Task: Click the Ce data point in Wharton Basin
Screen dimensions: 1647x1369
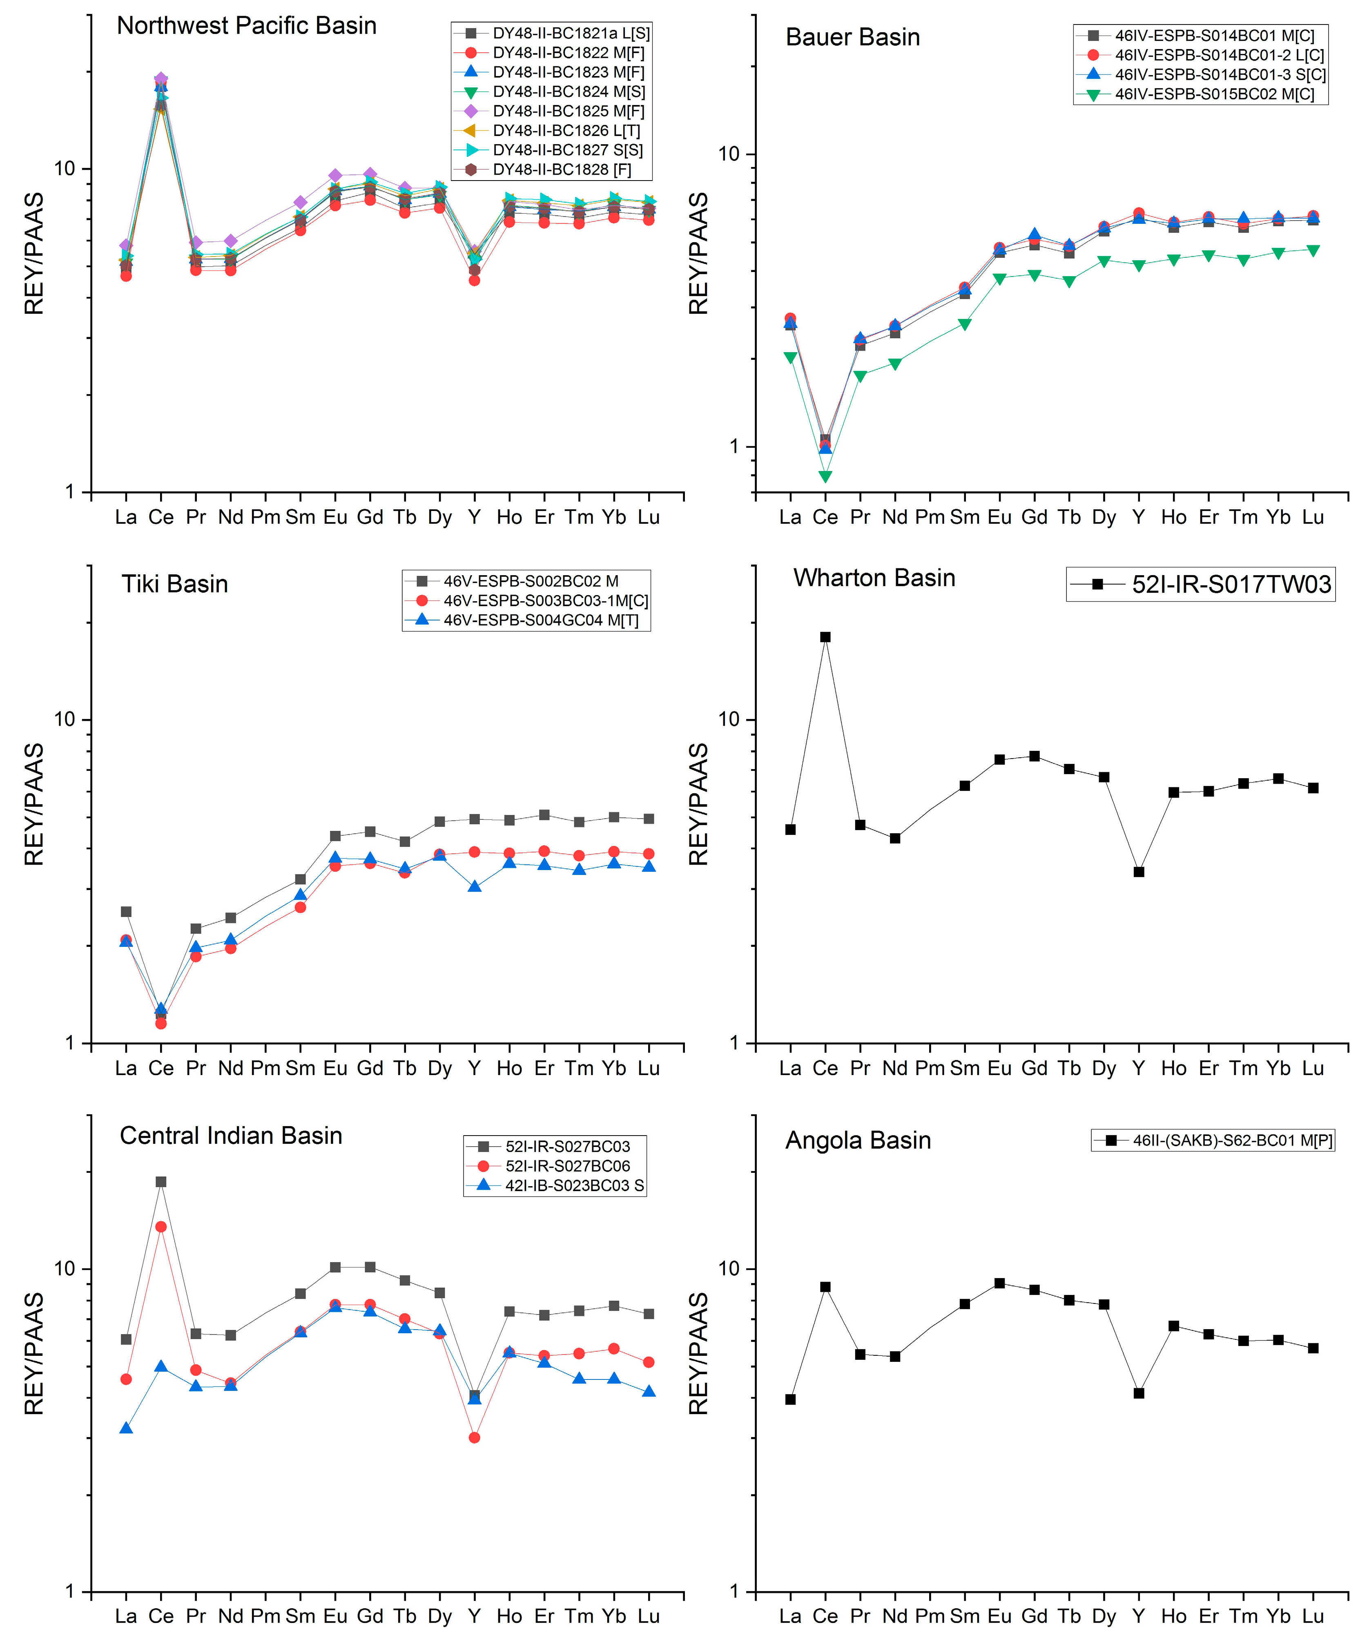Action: pyautogui.click(x=825, y=637)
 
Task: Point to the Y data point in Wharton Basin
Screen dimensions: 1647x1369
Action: pyautogui.click(x=1139, y=871)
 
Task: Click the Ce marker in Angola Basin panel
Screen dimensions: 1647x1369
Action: pyautogui.click(x=825, y=1287)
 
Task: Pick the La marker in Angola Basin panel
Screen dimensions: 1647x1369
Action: pyautogui.click(x=790, y=1399)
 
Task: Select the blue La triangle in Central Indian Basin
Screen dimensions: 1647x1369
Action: pyautogui.click(x=126, y=1428)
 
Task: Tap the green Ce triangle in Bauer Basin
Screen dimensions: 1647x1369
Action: pyautogui.click(x=825, y=476)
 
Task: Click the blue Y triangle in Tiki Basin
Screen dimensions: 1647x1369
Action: pyautogui.click(x=474, y=886)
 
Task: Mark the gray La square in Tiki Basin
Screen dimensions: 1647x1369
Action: pyautogui.click(x=126, y=911)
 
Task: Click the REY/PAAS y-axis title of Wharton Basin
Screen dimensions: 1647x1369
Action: pyautogui.click(x=698, y=804)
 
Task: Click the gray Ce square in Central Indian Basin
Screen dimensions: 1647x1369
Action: pyautogui.click(x=161, y=1181)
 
